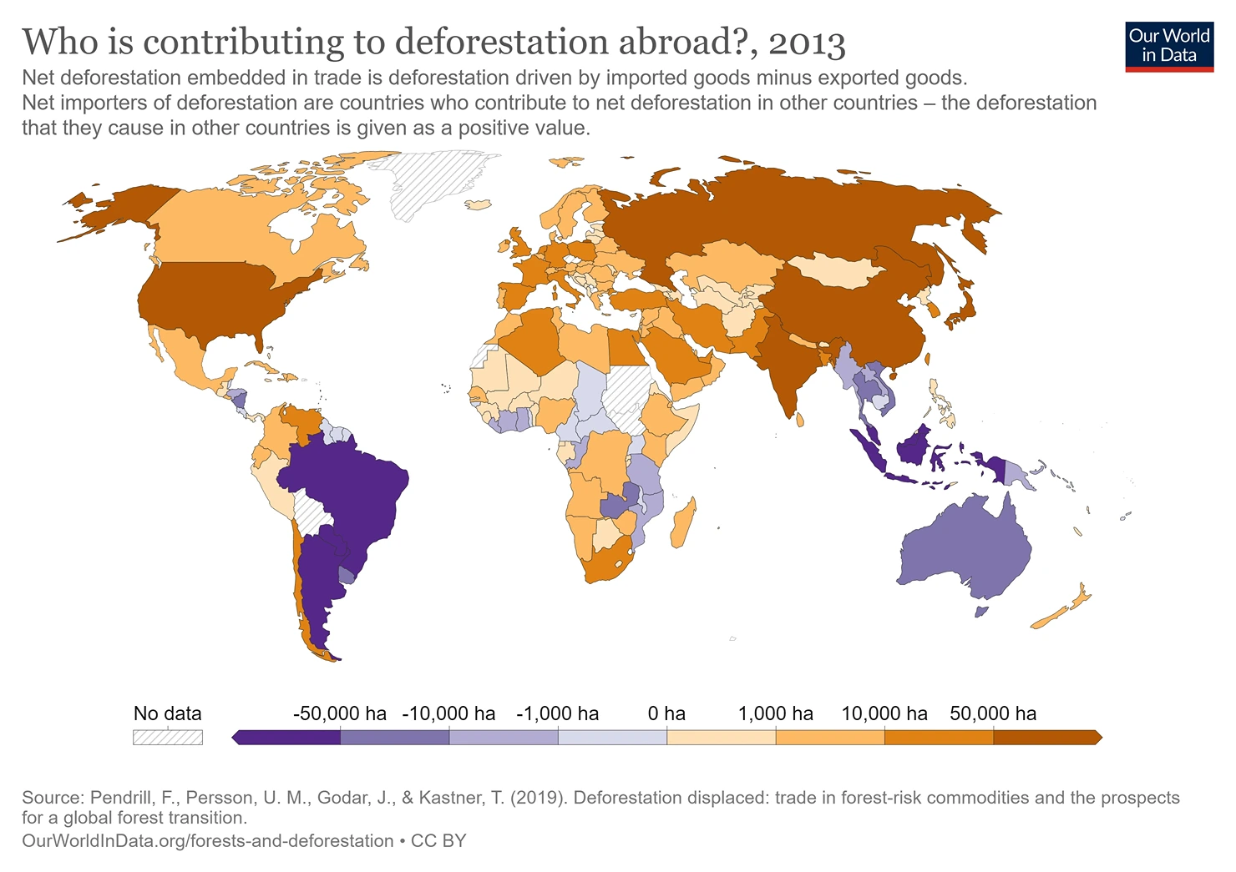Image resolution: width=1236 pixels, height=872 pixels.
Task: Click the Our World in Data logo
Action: [x=1168, y=46]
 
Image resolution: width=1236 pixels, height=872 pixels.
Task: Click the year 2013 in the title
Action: [x=807, y=43]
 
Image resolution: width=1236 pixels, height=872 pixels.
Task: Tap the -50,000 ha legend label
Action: [x=340, y=713]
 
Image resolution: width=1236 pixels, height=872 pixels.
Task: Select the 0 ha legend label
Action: [x=666, y=713]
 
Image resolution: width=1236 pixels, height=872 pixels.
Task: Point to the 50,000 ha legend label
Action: [x=993, y=713]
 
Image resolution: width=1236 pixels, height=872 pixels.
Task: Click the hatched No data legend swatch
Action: [x=168, y=737]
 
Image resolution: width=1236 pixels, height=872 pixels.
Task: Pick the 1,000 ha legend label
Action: [x=775, y=713]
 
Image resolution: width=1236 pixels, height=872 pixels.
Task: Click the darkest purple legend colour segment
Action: [x=288, y=737]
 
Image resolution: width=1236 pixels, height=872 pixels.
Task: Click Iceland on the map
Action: [x=479, y=204]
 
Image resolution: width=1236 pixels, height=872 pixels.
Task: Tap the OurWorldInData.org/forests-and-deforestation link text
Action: [x=208, y=841]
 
